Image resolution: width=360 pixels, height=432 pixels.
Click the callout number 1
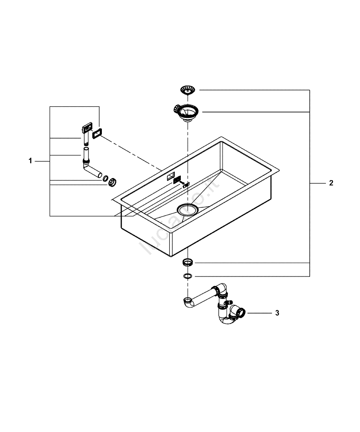(30, 161)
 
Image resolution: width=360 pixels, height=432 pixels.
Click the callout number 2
(331, 183)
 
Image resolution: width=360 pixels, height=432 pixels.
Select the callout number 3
(278, 312)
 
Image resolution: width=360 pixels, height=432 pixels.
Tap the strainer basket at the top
(188, 90)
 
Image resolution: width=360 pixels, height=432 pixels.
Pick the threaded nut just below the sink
(188, 262)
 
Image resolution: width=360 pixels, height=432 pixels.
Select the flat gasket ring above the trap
(188, 276)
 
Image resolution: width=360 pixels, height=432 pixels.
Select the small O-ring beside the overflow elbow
(105, 178)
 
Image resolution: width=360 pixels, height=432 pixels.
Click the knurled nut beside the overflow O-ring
(113, 181)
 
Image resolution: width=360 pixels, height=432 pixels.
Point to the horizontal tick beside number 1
(42, 161)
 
